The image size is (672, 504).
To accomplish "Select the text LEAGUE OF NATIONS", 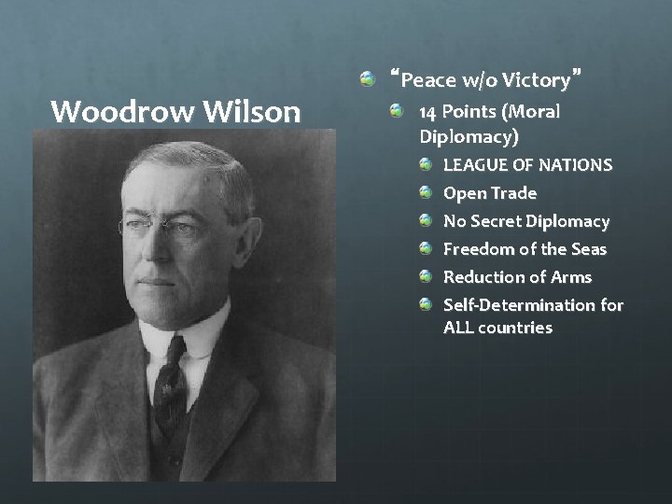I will (x=527, y=165).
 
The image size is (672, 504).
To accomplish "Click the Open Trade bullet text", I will (x=489, y=193).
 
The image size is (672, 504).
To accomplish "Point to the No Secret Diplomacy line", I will (x=525, y=221).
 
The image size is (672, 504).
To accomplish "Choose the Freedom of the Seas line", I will (x=525, y=249).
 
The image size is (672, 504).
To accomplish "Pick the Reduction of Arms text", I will (x=517, y=277).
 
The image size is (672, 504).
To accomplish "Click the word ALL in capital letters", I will (x=458, y=328).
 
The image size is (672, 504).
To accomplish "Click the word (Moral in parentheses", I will (x=530, y=112).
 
